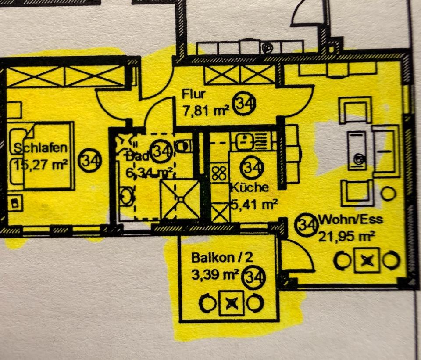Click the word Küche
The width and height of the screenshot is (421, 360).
(249, 187)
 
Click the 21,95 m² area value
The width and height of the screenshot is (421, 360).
(346, 237)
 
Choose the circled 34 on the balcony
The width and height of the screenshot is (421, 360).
(254, 277)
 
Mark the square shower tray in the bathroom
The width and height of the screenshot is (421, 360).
(180, 199)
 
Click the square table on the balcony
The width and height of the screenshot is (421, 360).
(231, 302)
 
